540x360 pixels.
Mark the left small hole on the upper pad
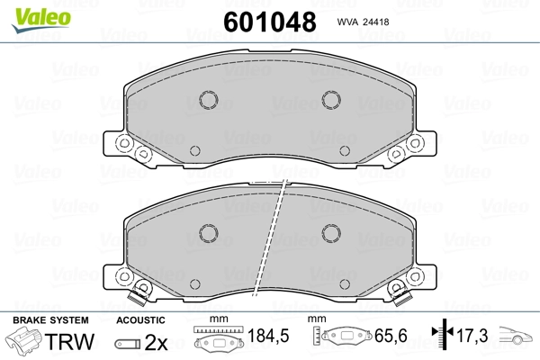pos(194,149)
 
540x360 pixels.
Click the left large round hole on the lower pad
pos(207,233)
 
